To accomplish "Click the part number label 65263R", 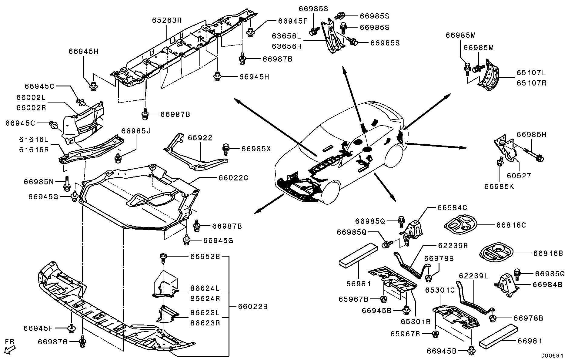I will (167, 20).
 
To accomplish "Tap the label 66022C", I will (233, 178).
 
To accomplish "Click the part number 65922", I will (200, 138).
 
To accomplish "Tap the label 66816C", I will (511, 225).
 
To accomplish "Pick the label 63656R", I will (286, 46).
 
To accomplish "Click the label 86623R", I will (205, 323).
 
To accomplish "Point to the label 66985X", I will (256, 149).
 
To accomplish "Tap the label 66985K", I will (499, 187).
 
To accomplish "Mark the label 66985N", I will (39, 182).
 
